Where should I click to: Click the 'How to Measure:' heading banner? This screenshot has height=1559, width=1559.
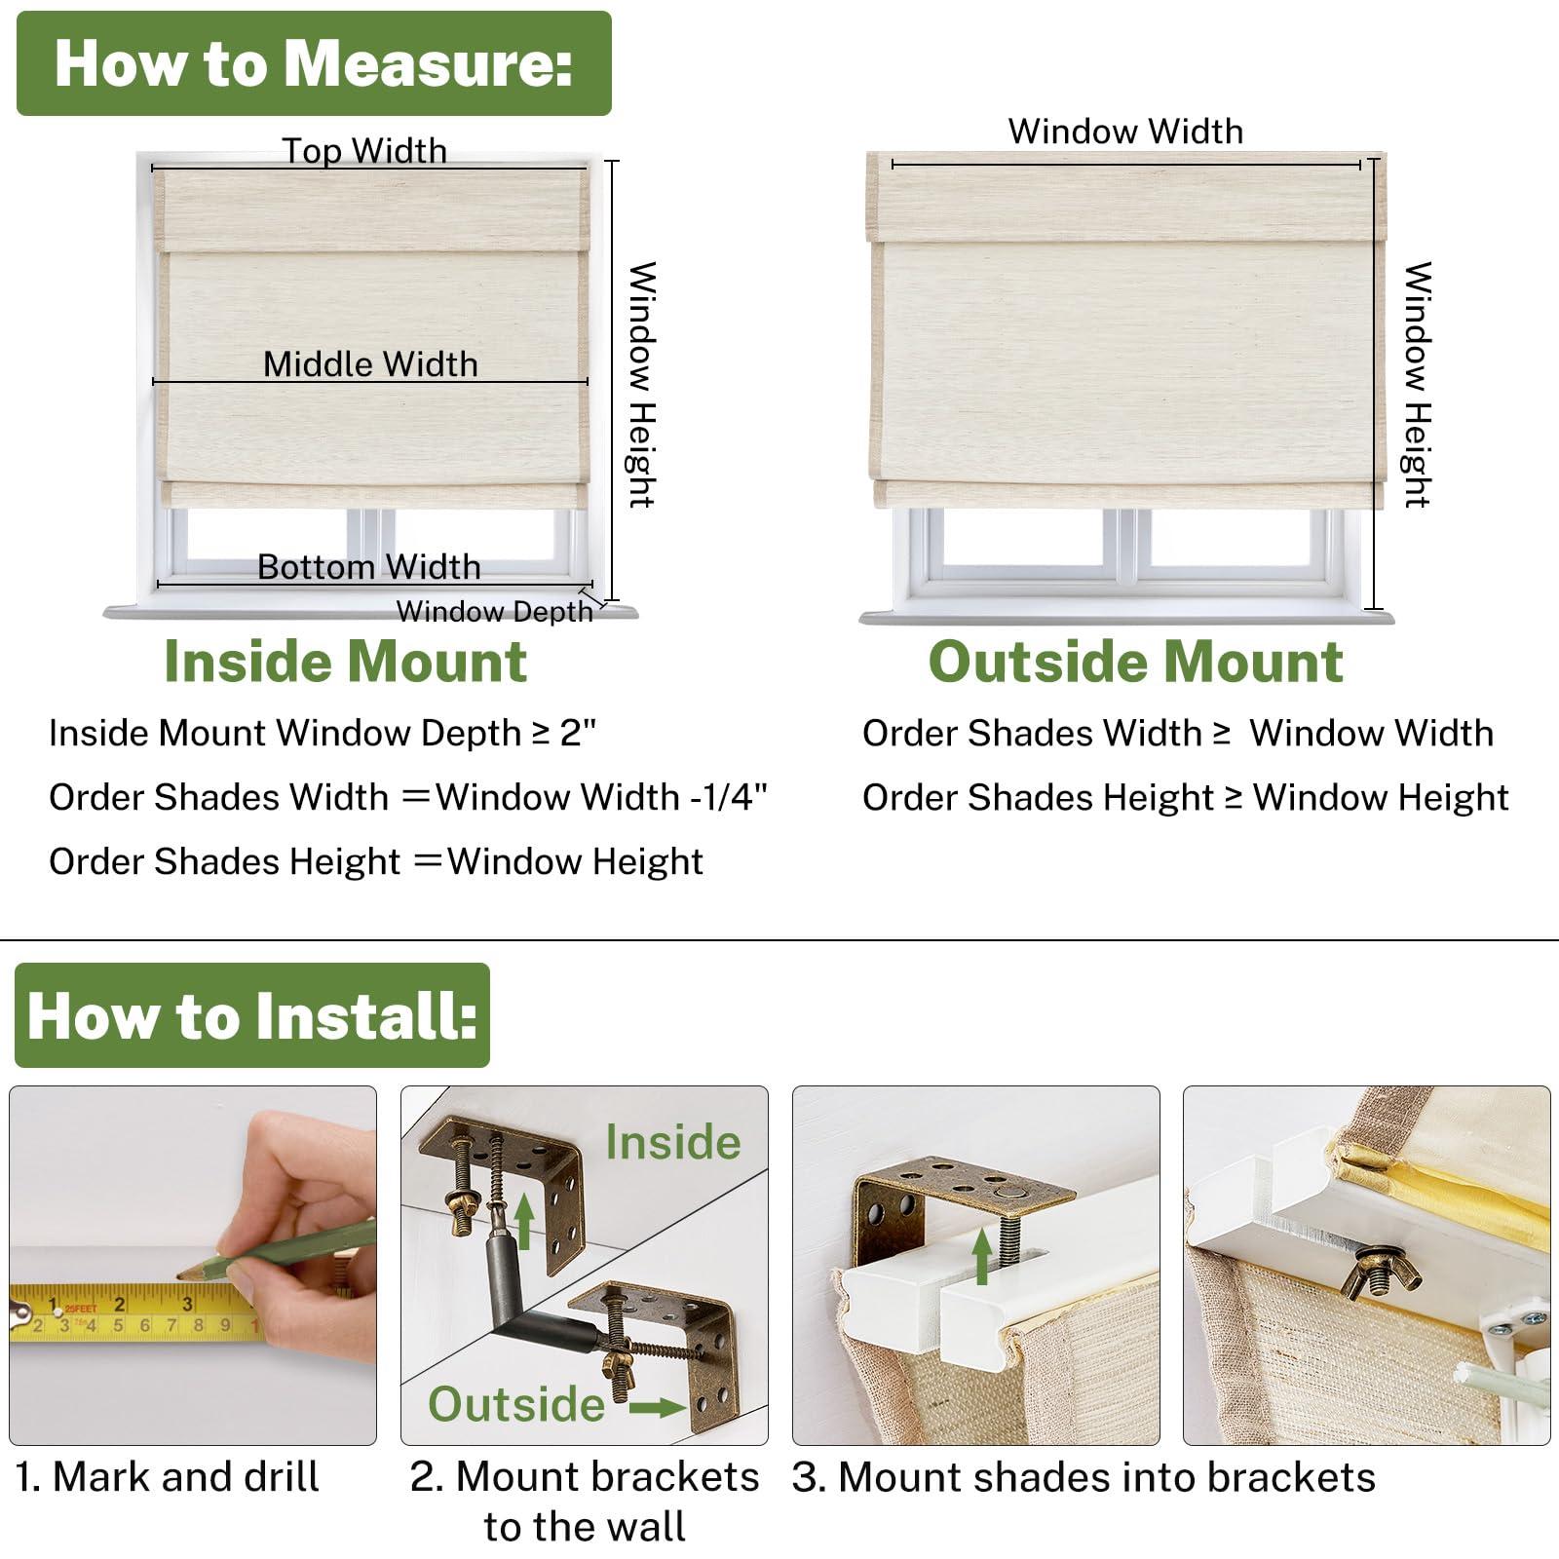[x=314, y=64]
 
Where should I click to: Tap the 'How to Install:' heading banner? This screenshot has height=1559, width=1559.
[x=252, y=1016]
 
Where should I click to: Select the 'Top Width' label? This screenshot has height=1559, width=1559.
[x=364, y=151]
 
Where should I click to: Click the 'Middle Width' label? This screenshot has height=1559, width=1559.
[x=370, y=364]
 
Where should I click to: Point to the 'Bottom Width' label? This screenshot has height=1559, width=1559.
[x=368, y=567]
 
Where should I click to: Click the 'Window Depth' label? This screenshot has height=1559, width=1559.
[x=494, y=612]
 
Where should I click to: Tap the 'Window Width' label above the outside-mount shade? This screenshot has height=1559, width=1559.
[x=1125, y=132]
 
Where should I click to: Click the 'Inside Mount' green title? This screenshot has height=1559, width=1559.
[x=345, y=663]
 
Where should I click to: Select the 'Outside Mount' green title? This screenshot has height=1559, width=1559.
[x=1135, y=663]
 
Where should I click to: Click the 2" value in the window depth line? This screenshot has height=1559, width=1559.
[x=578, y=733]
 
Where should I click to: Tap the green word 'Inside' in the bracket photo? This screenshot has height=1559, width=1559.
[x=672, y=1142]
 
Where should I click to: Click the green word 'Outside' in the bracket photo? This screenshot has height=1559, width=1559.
[x=516, y=1404]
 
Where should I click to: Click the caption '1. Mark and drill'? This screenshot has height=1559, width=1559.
[x=168, y=1477]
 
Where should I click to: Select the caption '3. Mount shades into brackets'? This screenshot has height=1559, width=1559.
[x=1084, y=1478]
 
